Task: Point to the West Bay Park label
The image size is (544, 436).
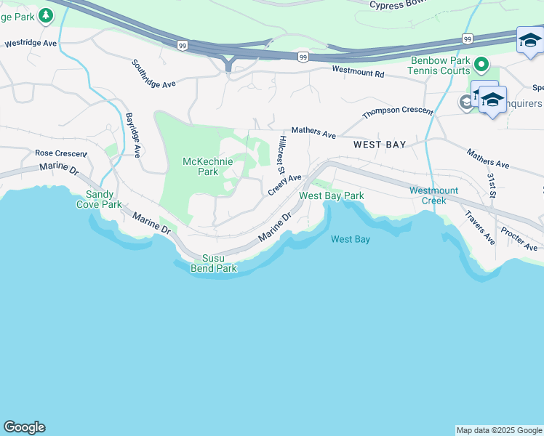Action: point(332,196)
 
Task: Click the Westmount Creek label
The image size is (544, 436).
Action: point(433,195)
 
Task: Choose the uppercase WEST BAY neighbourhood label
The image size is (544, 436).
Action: point(379,145)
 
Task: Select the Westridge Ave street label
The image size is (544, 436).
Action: point(31,44)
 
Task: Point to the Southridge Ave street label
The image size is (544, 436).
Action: point(153,73)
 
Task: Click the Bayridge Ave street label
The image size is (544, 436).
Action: point(132,135)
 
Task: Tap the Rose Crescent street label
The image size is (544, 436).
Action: point(61,153)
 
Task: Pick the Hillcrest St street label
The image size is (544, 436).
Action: point(281,153)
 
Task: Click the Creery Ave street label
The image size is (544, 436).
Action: point(284,184)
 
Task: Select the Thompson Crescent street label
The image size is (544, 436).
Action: point(398,112)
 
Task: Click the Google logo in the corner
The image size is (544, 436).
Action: point(24,427)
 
